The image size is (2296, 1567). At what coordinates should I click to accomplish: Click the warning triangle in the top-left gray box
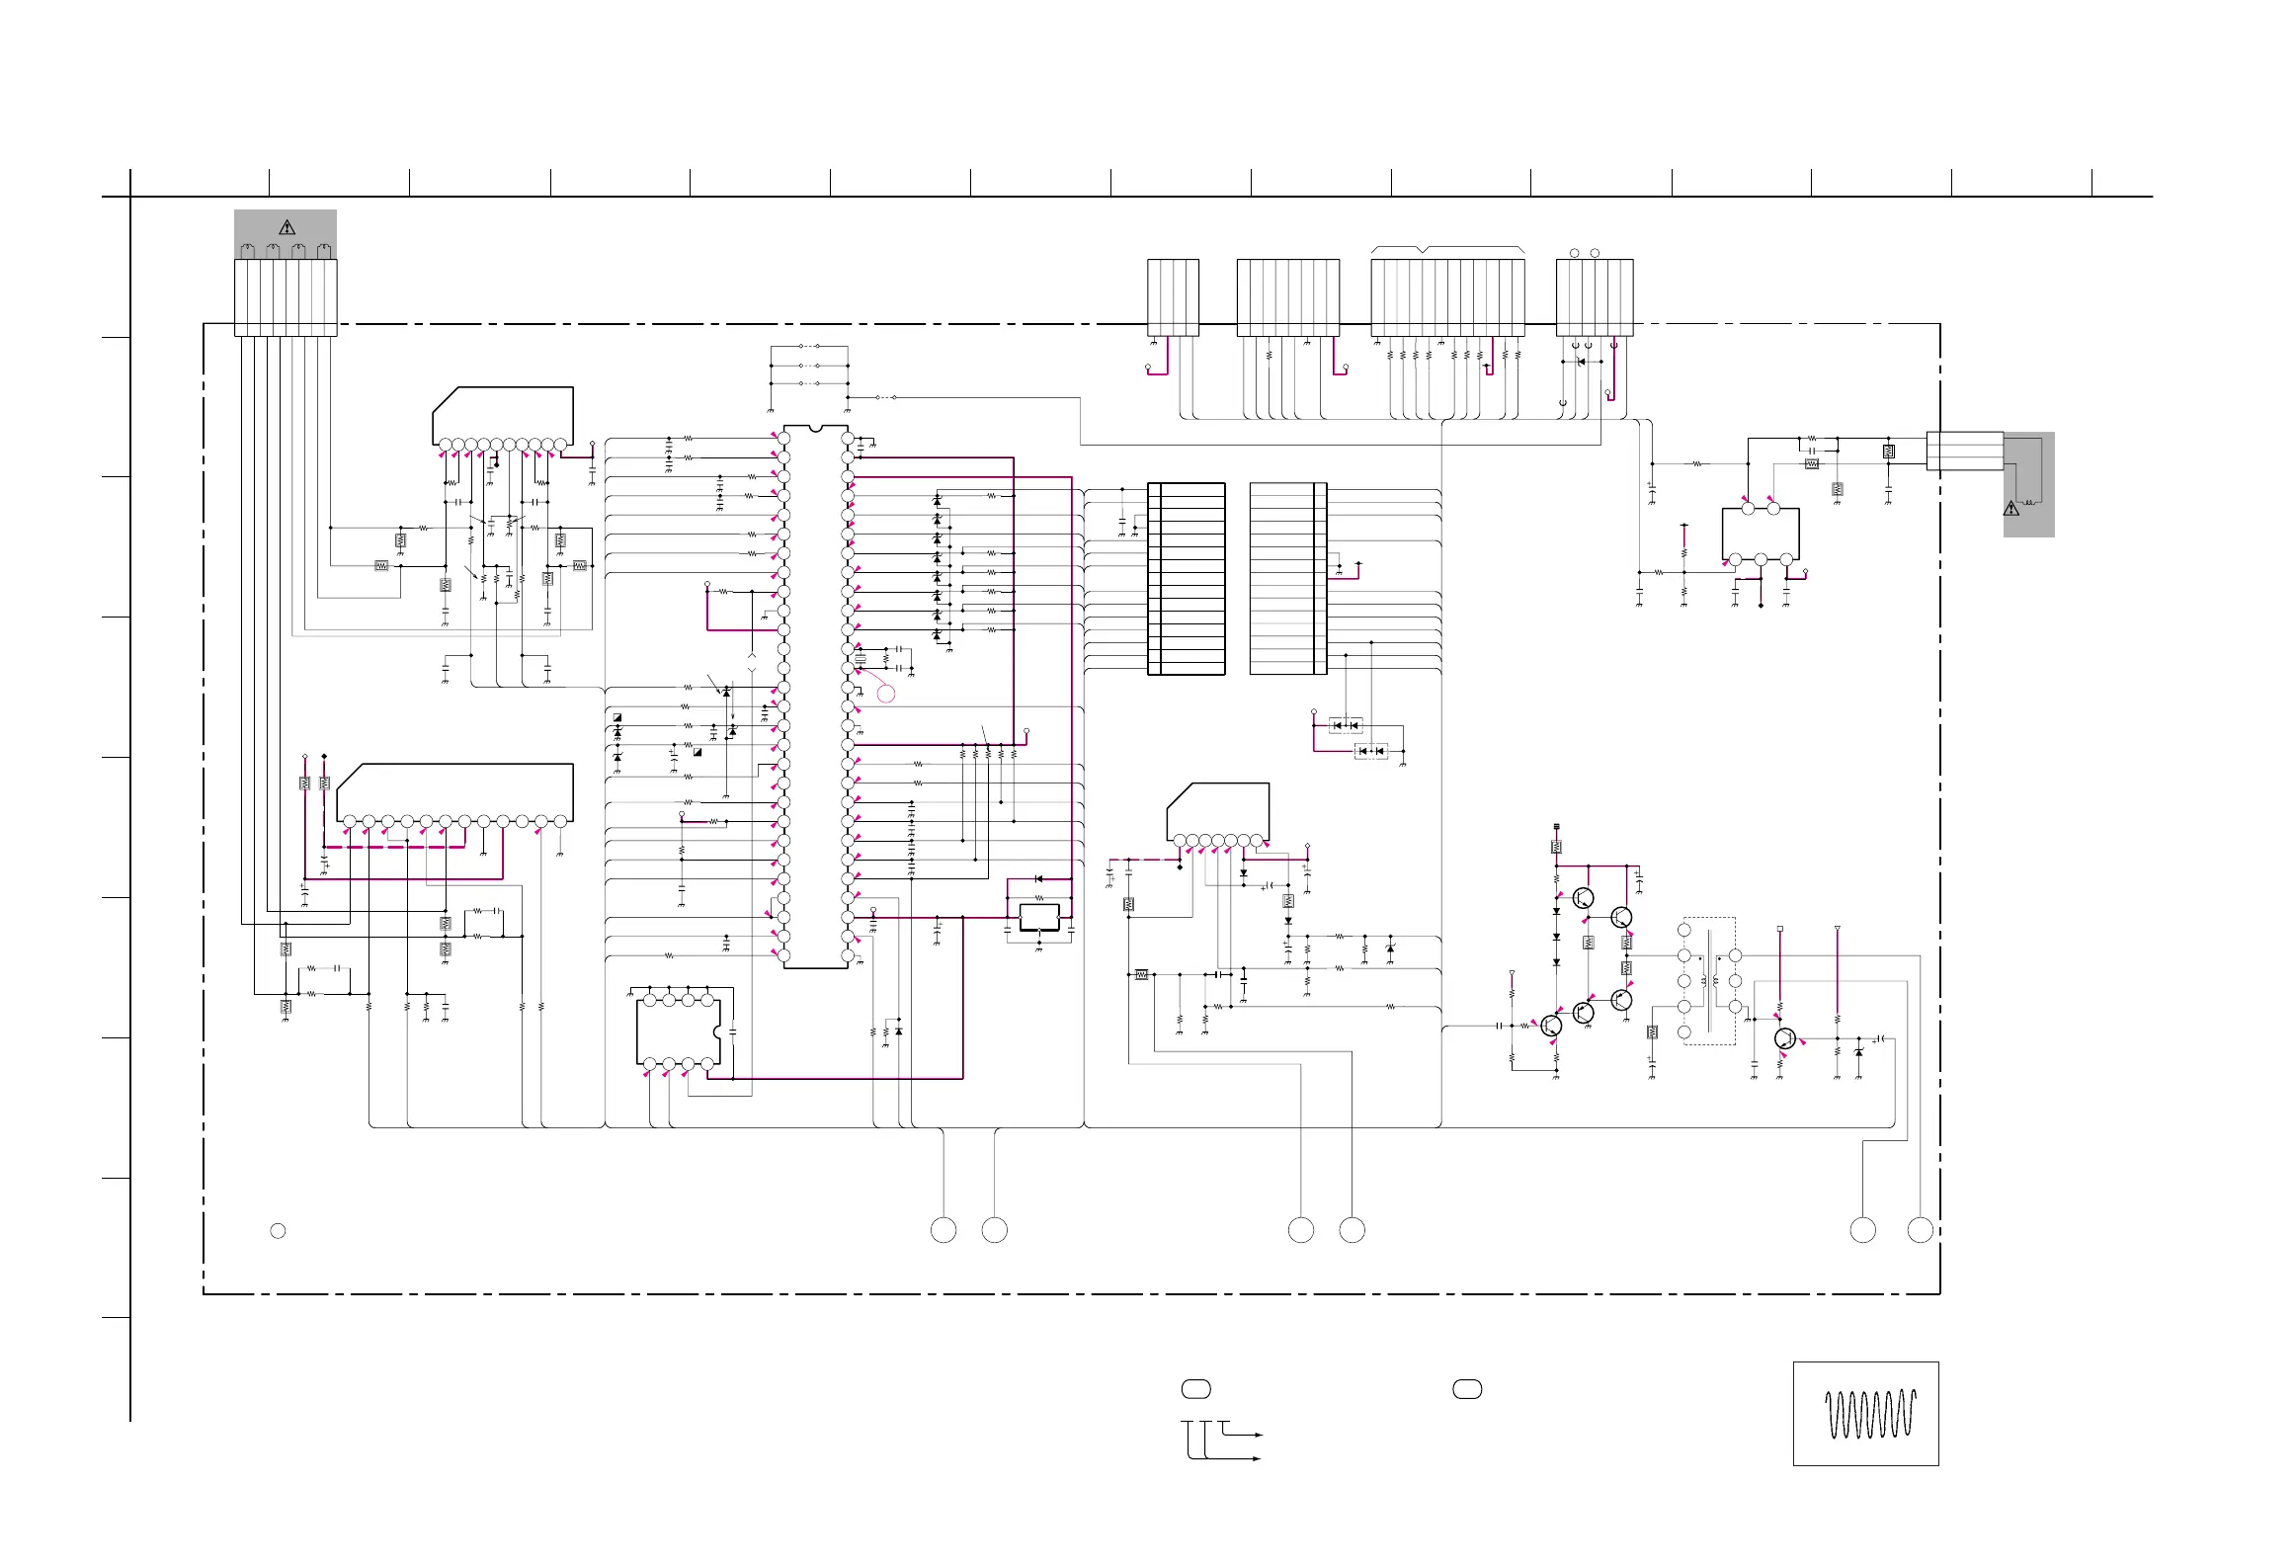287,227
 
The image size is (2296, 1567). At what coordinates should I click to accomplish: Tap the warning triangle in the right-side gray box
2010,509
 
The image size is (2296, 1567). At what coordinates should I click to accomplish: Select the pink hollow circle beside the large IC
886,694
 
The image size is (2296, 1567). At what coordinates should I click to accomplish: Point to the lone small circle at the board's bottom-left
278,1230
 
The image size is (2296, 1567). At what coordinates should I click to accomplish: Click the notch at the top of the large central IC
815,429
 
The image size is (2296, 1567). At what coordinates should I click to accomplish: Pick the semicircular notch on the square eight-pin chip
718,1031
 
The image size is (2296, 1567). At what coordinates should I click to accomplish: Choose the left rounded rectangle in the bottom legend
1195,1389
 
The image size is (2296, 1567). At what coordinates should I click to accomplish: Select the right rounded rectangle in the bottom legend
1467,1389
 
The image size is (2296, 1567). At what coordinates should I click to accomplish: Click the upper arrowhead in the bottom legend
1259,1434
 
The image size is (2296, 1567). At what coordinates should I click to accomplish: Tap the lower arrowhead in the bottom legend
1258,1458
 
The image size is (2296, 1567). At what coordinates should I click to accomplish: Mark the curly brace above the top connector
1447,249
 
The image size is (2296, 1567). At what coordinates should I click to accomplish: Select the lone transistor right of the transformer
1784,1038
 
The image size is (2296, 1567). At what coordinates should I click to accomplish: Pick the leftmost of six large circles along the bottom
943,1230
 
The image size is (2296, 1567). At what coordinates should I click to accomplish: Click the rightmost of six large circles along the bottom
1920,1230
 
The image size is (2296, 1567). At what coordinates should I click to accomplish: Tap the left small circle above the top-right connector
1575,253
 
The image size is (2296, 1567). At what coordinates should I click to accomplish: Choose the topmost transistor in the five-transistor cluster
1583,898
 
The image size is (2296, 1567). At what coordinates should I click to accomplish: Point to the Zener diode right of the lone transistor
1858,1053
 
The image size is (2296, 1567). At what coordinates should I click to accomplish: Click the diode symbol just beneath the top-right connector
1581,362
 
